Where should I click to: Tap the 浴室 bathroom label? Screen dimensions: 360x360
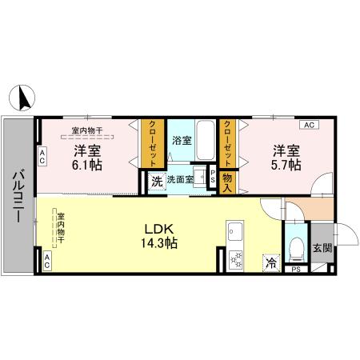point(182,140)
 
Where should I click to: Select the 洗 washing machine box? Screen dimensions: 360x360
point(157,181)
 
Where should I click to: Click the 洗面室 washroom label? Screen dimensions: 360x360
point(179,180)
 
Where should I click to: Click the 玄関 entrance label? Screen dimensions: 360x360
point(322,248)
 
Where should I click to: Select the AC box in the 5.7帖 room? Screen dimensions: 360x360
point(308,125)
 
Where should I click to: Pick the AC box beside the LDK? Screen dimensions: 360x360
point(46,260)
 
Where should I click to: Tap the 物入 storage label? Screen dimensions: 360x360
point(227,182)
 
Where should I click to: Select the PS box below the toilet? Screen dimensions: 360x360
point(296,270)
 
